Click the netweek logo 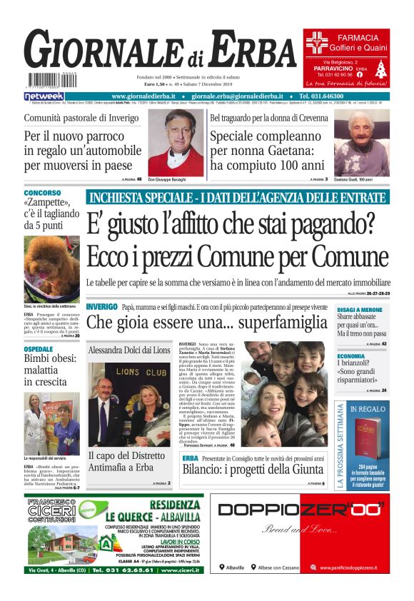click(44, 96)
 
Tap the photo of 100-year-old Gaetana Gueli click(363, 142)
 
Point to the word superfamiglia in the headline click(278, 323)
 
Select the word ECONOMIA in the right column click(351, 355)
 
